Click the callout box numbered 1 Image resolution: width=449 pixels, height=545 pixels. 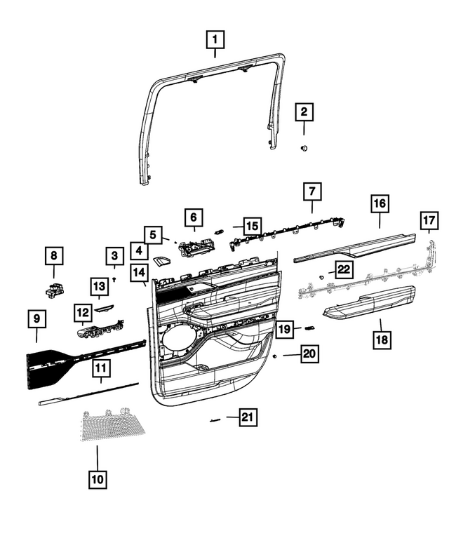point(215,41)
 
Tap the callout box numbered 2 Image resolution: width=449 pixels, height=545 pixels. point(304,112)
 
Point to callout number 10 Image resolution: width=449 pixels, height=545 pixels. point(98,479)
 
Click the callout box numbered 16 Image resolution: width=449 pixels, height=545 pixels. point(380,204)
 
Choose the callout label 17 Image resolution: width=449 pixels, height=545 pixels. point(429,220)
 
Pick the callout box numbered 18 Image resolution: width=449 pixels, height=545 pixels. point(380,340)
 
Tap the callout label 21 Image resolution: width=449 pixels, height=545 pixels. point(246,418)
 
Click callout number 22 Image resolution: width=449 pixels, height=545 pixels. point(344,269)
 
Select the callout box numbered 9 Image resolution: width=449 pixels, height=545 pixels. point(37,319)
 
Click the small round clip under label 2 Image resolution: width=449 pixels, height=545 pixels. point(304,148)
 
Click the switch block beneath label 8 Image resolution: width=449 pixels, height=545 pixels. point(55,288)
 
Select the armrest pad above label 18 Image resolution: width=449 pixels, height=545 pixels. point(372,302)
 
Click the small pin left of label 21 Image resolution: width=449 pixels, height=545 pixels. point(215,419)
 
